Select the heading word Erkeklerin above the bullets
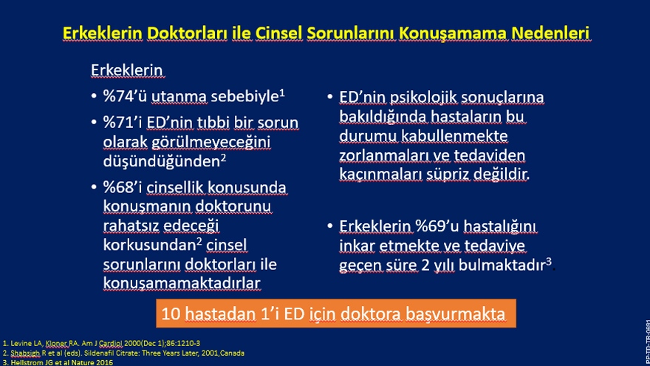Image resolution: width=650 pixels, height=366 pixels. point(127,70)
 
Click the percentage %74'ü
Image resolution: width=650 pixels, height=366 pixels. point(125,96)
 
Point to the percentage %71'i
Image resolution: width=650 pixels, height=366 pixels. point(123,123)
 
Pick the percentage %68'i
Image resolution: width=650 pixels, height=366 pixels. point(123,187)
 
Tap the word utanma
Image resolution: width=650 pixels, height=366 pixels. point(179,96)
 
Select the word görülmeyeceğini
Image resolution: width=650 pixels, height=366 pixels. point(211,142)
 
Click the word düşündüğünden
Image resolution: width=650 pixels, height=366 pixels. point(162,161)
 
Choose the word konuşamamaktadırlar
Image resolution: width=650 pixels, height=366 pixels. point(182,283)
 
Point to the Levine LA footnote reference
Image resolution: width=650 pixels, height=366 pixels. point(102,343)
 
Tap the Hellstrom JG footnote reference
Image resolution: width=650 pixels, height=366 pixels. point(58,362)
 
